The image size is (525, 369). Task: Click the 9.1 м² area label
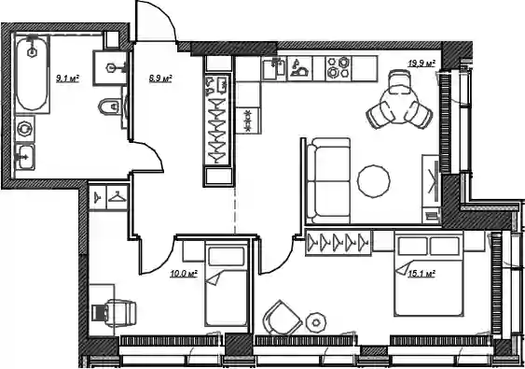68,78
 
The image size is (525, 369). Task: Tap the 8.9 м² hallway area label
160,78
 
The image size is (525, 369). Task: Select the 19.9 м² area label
421,64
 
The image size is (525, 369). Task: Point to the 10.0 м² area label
184,274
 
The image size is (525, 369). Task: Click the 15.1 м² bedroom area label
421,274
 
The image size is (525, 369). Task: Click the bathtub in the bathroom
32,74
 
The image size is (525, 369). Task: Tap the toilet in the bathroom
109,106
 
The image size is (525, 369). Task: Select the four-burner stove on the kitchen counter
338,68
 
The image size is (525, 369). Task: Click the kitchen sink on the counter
274,68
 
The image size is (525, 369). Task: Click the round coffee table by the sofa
373,181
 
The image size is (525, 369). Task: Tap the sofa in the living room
328,181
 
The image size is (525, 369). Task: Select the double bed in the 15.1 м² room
429,273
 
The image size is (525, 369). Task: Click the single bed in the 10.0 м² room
226,284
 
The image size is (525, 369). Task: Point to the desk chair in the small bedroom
116,313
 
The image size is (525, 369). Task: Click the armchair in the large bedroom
282,318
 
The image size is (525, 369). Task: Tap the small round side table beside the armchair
316,322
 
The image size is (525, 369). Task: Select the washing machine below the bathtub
24,129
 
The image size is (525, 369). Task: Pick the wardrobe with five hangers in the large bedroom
338,242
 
